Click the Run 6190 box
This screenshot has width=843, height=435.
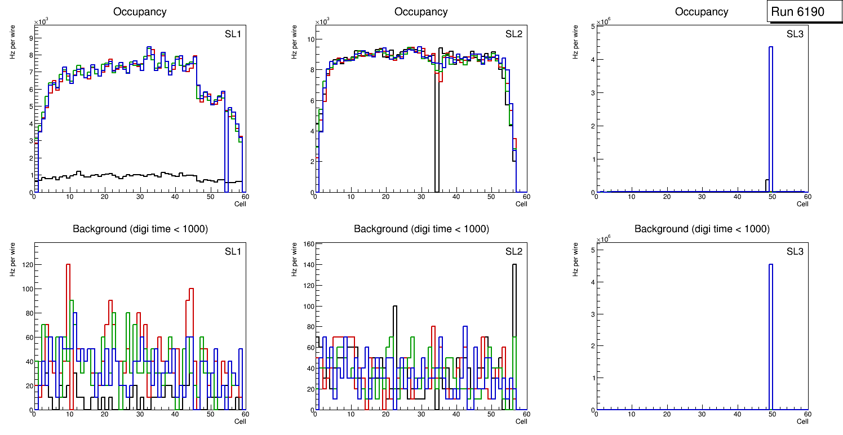tap(805, 12)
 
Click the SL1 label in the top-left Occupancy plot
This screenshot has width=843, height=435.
tap(232, 34)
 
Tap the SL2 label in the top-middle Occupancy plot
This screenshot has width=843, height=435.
tap(513, 34)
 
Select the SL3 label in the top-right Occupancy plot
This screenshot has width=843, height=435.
tap(795, 34)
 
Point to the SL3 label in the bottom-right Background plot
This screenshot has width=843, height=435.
tap(795, 251)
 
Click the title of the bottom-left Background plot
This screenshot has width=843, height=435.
tap(140, 229)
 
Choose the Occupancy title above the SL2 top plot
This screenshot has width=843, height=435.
tap(421, 12)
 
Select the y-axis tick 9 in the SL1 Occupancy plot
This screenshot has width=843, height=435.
tap(29, 38)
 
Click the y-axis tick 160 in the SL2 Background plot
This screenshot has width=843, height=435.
tap(308, 244)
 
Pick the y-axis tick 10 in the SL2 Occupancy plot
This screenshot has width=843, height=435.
tap(309, 39)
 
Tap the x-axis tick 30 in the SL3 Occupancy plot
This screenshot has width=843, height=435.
tap(702, 197)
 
